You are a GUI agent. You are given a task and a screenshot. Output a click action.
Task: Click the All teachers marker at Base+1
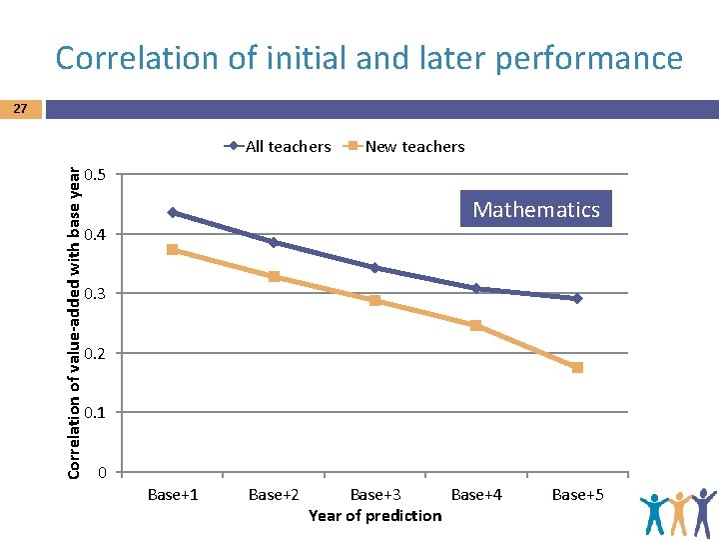[173, 212]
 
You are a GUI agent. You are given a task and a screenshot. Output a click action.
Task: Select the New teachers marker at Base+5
[577, 367]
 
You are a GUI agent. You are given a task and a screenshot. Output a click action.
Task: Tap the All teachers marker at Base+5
[577, 298]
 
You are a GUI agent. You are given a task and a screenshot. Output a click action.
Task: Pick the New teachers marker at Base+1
[173, 249]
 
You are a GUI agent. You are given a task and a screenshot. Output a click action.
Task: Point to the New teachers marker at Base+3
[374, 300]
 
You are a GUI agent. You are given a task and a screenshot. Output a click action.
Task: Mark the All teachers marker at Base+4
[475, 288]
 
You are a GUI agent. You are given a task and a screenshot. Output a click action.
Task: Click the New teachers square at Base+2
[274, 276]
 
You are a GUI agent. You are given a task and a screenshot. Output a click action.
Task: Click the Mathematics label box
[536, 209]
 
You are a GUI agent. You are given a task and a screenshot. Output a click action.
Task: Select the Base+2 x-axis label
[274, 494]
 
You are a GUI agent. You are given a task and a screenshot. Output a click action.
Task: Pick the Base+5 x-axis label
[577, 494]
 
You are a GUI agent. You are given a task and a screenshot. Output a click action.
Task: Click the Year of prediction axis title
[374, 515]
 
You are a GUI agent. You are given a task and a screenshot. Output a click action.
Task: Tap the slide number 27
[21, 108]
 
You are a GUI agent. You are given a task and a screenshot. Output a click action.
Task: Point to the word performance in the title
[593, 58]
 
